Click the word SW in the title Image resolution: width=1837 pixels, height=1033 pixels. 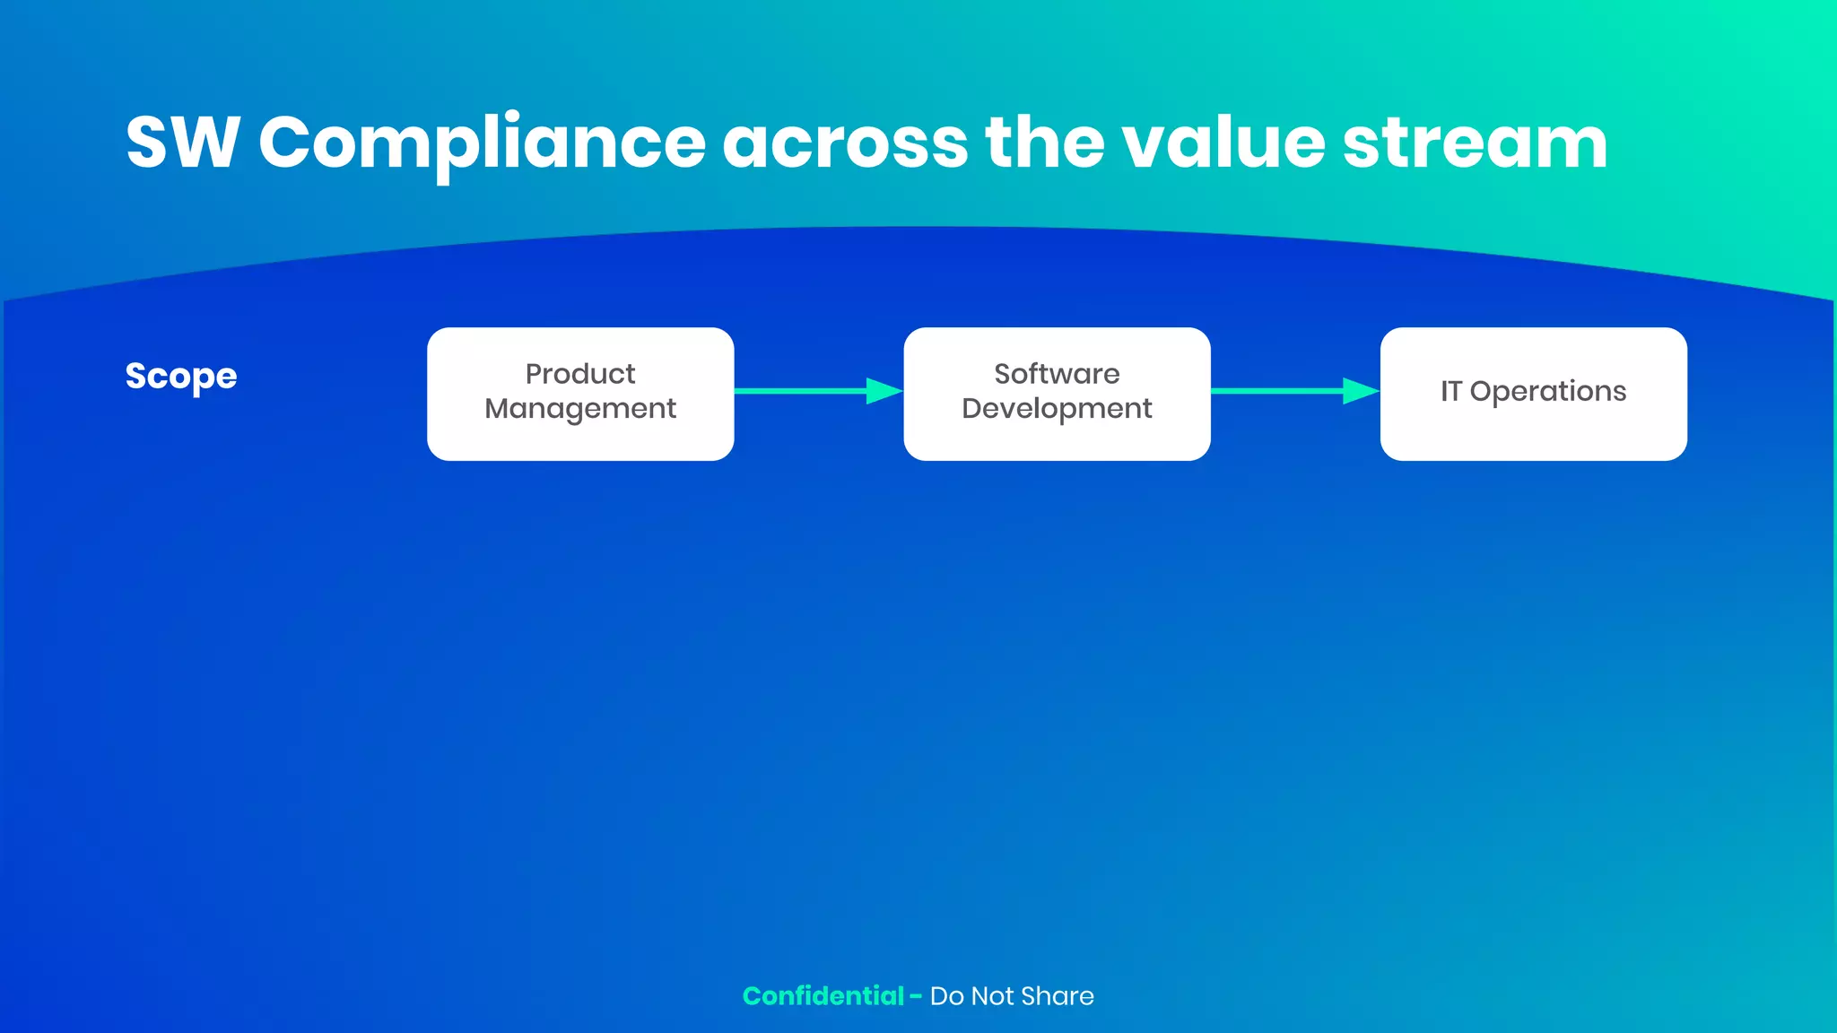tap(182, 143)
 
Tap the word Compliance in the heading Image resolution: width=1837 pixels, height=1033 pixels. tap(482, 143)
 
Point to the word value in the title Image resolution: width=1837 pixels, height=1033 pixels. tap(1223, 143)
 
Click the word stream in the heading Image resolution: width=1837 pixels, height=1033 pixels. tap(1475, 143)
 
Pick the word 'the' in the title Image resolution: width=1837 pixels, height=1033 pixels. tap(1045, 143)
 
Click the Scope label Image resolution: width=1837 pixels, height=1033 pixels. tap(181, 377)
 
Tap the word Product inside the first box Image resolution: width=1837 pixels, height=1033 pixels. tap(580, 374)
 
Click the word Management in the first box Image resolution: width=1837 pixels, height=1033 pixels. tap(580, 409)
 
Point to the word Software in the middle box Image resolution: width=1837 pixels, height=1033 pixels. tap(1057, 374)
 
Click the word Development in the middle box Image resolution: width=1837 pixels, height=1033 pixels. tap(1057, 409)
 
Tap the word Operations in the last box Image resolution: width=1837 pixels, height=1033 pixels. tap(1547, 392)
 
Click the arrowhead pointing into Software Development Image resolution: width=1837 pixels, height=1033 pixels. tap(884, 391)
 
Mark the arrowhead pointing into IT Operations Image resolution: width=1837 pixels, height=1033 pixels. tap(1361, 391)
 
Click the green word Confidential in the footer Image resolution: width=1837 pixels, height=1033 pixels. tap(823, 996)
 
